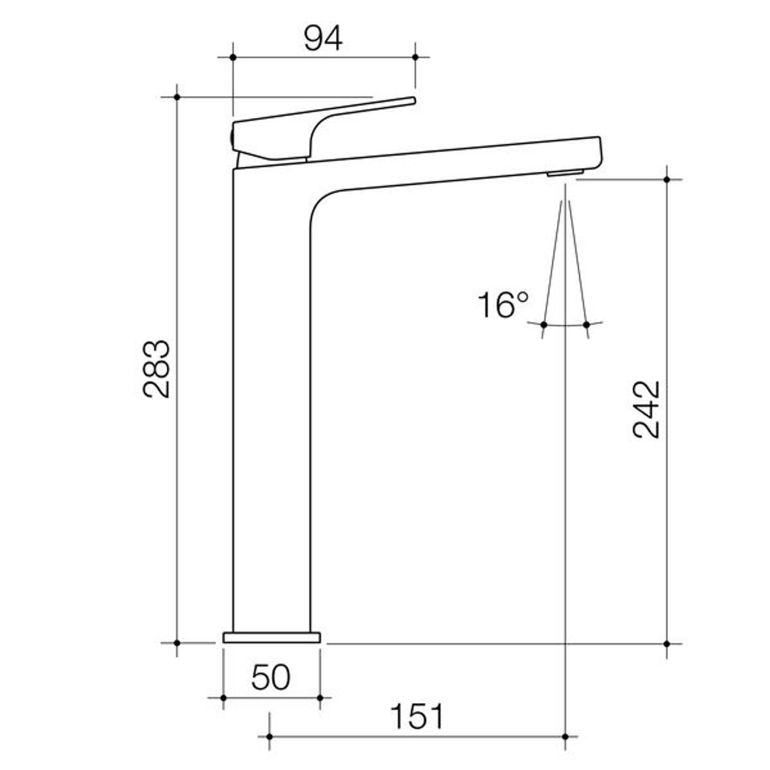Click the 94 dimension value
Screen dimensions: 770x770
click(323, 39)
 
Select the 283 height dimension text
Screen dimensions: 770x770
click(157, 369)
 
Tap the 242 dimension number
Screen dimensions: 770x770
click(646, 410)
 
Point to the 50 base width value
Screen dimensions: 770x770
click(271, 677)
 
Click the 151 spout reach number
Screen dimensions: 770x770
click(417, 716)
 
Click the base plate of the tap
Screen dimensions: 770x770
click(272, 638)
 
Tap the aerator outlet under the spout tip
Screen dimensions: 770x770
click(565, 173)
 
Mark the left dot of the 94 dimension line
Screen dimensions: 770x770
click(233, 57)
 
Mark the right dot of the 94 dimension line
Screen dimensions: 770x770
click(415, 57)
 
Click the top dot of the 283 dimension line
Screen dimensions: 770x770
click(177, 97)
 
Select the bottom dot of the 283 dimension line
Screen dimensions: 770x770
click(177, 643)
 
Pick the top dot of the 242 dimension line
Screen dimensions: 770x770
click(667, 180)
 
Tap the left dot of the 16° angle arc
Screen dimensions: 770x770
click(544, 325)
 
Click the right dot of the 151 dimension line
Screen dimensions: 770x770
click(566, 736)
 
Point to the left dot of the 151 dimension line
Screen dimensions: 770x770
click(270, 736)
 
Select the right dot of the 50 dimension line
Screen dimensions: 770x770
click(320, 698)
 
